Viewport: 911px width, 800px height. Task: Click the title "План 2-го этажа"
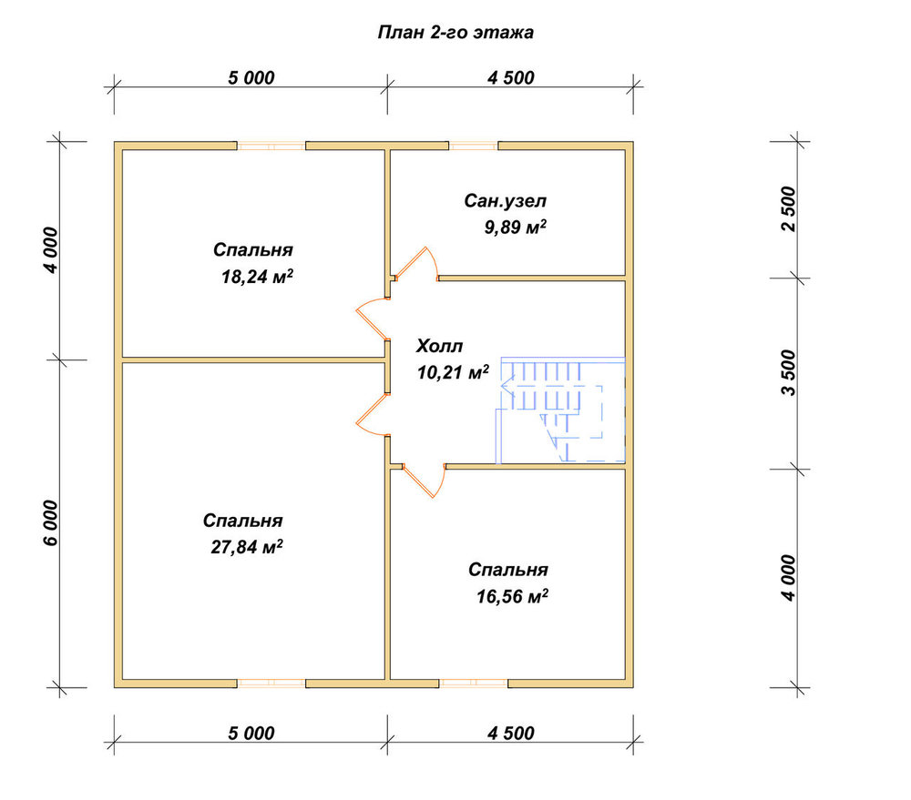(x=455, y=33)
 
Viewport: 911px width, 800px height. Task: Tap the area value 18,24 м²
(x=257, y=277)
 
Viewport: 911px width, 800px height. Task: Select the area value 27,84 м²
(x=247, y=547)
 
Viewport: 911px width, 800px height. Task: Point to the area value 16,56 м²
(x=512, y=595)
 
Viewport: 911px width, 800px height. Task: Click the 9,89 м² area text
(x=516, y=227)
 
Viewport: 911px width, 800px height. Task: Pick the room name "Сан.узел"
(x=505, y=201)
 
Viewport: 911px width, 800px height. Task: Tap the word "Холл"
(x=439, y=346)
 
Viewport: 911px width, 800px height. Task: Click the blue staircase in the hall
(x=560, y=410)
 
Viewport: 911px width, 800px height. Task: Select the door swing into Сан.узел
(x=416, y=264)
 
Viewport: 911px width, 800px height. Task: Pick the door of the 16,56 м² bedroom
(x=425, y=481)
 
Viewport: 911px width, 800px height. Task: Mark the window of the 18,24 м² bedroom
(x=271, y=146)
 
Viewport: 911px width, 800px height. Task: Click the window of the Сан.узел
(x=474, y=146)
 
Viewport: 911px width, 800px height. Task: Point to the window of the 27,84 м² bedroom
(x=271, y=684)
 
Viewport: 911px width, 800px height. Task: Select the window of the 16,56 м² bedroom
(x=474, y=684)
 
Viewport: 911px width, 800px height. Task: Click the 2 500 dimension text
(x=788, y=209)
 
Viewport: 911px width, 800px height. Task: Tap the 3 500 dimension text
(x=788, y=373)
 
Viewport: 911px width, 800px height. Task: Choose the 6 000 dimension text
(x=50, y=523)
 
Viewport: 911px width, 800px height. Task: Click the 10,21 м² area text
(x=453, y=372)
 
